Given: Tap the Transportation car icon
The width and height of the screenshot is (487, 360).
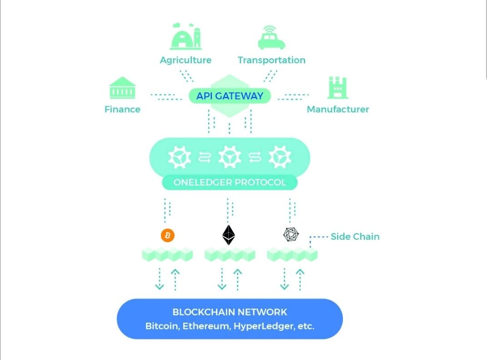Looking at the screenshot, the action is coord(271,38).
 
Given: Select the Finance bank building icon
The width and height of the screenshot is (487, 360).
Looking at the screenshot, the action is coord(122,88).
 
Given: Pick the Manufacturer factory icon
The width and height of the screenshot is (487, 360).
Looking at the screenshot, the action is coord(337,88).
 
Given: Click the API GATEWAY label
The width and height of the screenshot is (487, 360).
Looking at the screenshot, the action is coord(230,96).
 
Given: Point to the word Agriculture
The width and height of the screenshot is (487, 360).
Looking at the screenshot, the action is coord(186,61).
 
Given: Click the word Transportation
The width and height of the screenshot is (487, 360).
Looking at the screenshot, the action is coord(271,60).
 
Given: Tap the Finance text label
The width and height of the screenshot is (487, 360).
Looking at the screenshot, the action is coord(122,109).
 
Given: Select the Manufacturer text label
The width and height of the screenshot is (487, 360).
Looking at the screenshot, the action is coord(338,109).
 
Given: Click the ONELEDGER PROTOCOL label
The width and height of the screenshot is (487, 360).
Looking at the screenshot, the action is coord(230,182).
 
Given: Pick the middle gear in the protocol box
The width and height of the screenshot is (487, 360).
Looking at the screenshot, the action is coord(230,157).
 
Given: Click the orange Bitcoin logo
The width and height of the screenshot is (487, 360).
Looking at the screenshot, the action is coord(168,235).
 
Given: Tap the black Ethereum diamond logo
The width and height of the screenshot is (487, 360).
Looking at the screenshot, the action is coord(229,235).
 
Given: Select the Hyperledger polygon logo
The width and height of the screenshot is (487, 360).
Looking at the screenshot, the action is coord(291,234).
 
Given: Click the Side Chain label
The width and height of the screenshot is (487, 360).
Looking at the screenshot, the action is coord(355,237).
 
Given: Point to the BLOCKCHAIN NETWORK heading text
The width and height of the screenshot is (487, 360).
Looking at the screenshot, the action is coord(230,312).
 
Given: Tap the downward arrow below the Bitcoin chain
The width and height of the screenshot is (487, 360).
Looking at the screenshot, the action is coord(160,279).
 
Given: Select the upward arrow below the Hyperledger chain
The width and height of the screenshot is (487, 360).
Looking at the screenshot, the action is coord(300,280).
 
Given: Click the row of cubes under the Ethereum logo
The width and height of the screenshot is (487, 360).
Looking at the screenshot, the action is coord(230,254).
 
